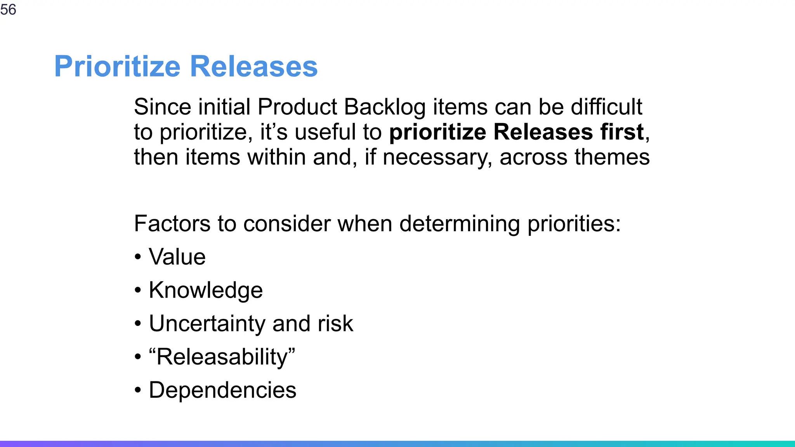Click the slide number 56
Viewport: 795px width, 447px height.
pos(8,9)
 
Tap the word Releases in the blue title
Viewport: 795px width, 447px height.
pos(254,67)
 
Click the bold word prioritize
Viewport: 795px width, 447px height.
pos(437,133)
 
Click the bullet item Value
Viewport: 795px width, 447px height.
pos(177,257)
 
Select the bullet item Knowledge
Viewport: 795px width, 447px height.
pos(206,290)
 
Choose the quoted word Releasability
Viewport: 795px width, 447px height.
pos(222,357)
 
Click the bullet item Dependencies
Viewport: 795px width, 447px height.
pos(222,390)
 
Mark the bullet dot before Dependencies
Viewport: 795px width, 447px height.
pos(138,390)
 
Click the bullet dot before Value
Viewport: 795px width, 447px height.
pos(138,257)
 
